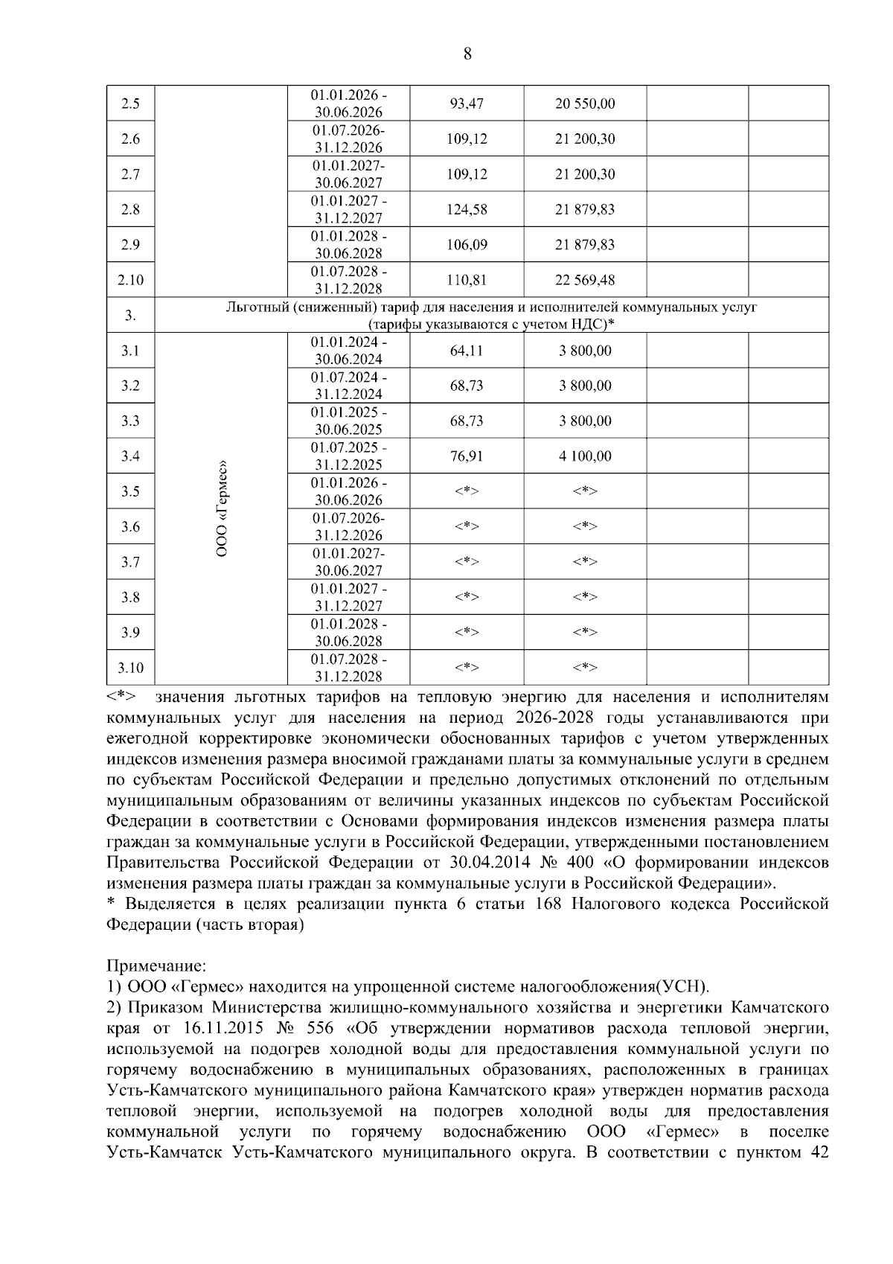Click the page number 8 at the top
click(x=467, y=54)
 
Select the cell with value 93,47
click(x=467, y=103)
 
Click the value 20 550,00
click(x=585, y=103)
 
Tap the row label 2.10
click(x=130, y=280)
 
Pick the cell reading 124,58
click(x=467, y=209)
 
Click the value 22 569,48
click(x=585, y=280)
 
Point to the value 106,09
click(x=467, y=245)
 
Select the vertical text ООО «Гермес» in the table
click(x=222, y=509)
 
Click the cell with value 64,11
click(x=467, y=351)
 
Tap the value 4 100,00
click(x=585, y=456)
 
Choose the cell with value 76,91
click(x=467, y=456)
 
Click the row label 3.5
click(x=130, y=491)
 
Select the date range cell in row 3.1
click(x=348, y=351)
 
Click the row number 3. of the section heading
click(x=130, y=316)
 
